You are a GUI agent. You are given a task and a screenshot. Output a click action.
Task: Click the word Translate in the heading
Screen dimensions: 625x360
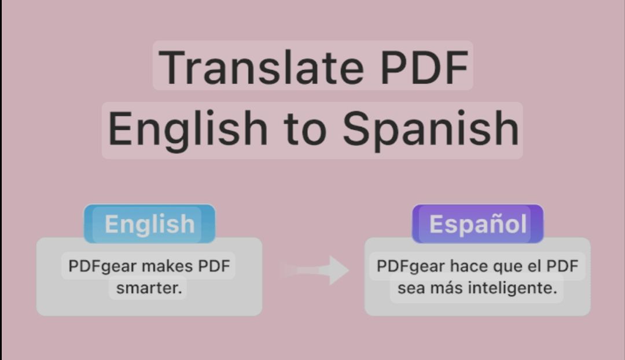tap(262, 67)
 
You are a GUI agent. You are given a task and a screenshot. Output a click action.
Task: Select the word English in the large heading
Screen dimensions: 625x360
tap(187, 129)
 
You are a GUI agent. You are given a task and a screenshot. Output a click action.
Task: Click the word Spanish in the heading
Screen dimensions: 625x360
tap(431, 129)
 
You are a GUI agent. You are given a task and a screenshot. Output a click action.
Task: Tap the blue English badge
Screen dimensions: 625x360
tap(149, 223)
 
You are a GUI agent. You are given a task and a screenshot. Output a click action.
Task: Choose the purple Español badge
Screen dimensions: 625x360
tap(477, 223)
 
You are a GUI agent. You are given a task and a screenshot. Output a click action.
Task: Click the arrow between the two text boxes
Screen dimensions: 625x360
tap(314, 270)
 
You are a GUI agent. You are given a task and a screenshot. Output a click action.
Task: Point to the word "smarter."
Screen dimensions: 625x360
tap(149, 288)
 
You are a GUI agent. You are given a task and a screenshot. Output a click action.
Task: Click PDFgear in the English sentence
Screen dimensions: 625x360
tap(102, 266)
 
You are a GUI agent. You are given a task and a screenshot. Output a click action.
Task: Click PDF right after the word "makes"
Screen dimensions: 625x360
tap(214, 266)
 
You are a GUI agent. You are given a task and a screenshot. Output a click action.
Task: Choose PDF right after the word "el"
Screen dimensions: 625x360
tap(562, 266)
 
